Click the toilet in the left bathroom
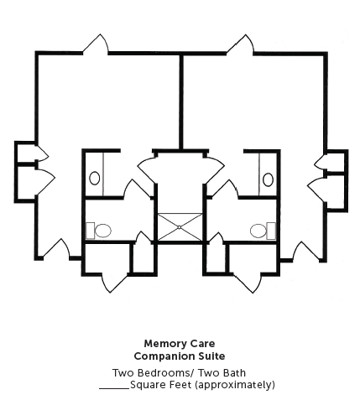tap(98, 231)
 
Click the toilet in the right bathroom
tap(263, 231)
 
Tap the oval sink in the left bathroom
tap(95, 178)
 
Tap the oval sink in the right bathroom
tap(268, 179)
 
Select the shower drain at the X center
tap(180, 227)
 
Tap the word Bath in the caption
tap(235, 373)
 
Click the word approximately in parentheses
tap(235, 385)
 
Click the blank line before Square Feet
tap(114, 388)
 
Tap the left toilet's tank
tap(90, 231)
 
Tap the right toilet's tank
tap(271, 231)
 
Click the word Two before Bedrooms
tap(124, 373)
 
